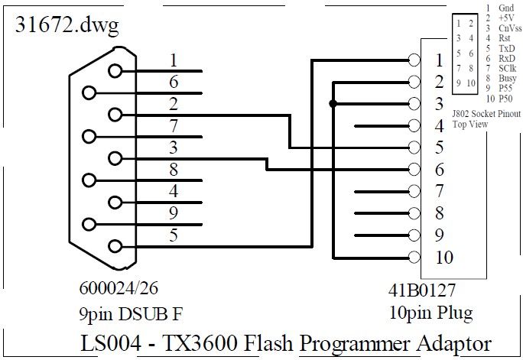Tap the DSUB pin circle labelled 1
[x=115, y=71]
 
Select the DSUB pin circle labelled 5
[x=115, y=246]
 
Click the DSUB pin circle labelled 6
[x=90, y=93]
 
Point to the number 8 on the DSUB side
[x=174, y=170]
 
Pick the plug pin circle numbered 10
[x=414, y=257]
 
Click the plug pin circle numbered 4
[x=414, y=125]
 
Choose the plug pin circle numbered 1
[x=414, y=60]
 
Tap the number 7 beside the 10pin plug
[x=439, y=190]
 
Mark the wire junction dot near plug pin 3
[x=332, y=104]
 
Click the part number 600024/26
[x=121, y=290]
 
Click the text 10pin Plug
[x=430, y=313]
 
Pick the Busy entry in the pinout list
[x=505, y=78]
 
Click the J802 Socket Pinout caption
[x=480, y=114]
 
